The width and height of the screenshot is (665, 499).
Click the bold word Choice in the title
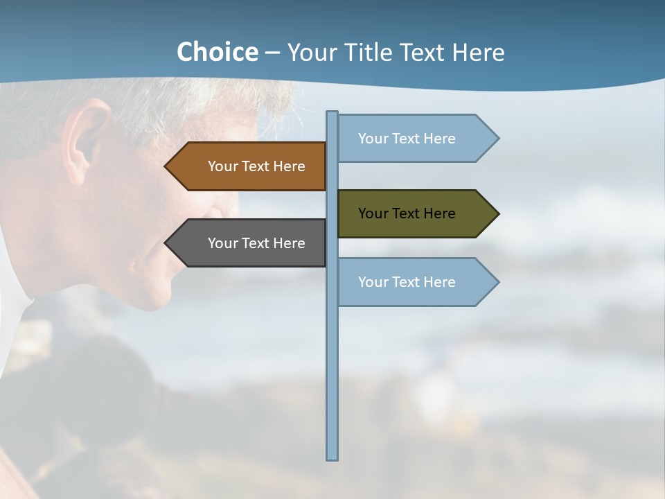point(218,52)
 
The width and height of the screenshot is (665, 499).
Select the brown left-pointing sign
point(249,166)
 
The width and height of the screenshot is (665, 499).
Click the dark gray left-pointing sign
point(249,243)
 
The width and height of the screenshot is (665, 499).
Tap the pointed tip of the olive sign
point(497,213)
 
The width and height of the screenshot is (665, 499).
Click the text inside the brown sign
point(256,166)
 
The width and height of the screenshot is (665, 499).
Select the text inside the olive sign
point(407,213)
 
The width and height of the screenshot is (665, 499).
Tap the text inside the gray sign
point(256,243)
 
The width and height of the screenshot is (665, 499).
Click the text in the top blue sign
point(407,139)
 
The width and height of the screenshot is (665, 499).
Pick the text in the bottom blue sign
point(407,282)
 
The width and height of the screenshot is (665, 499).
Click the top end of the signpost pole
point(332,114)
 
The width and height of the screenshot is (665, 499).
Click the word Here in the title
point(478,53)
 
